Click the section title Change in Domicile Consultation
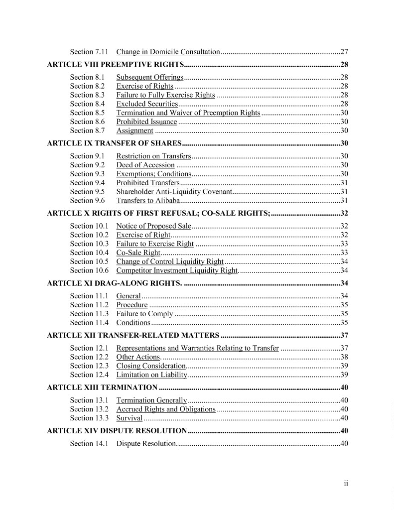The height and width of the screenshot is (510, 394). click(x=168, y=52)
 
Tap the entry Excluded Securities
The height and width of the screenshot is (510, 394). click(x=147, y=104)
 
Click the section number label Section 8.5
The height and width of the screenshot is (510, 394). click(x=87, y=113)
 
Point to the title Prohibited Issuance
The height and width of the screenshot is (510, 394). click(x=146, y=122)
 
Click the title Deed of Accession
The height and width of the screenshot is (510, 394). click(x=145, y=165)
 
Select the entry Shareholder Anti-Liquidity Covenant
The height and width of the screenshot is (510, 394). click(x=174, y=192)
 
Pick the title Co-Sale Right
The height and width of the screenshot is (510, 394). click(x=138, y=253)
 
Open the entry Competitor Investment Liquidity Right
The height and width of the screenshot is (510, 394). click(x=177, y=271)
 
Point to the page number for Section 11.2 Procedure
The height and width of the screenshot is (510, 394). click(x=344, y=305)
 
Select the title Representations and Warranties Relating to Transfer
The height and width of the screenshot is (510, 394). click(x=197, y=348)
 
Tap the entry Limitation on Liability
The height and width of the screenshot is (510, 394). click(x=151, y=375)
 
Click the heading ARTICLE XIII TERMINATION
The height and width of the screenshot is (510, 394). click(x=102, y=387)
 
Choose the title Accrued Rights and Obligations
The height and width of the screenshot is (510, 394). click(x=166, y=409)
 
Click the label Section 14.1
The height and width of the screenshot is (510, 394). click(x=89, y=444)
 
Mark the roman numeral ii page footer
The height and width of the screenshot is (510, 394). click(x=345, y=483)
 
